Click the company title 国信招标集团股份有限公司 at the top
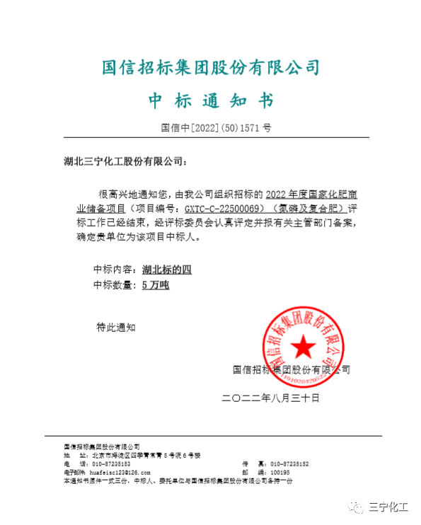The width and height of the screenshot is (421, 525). click(x=211, y=67)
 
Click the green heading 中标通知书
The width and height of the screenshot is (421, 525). click(x=210, y=100)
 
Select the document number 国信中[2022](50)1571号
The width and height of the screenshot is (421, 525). click(x=216, y=128)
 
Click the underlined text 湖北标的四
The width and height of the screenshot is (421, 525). click(x=167, y=270)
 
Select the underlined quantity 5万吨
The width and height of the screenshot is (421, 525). click(x=156, y=285)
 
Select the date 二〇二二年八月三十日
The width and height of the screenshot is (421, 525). click(x=271, y=398)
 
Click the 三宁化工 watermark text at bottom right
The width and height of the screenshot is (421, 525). click(x=389, y=507)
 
